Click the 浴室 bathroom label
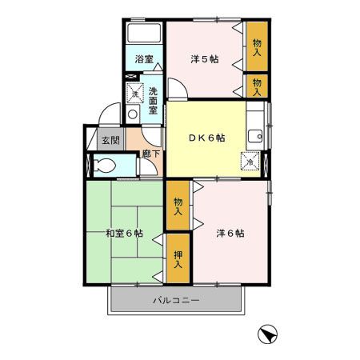[x=144, y=59]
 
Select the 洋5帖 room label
[x=205, y=58]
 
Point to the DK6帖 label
[x=206, y=137]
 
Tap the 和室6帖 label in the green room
[x=124, y=234]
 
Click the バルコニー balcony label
[x=177, y=301]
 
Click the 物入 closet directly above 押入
[x=178, y=206]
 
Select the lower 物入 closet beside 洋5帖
[x=257, y=86]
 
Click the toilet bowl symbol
[x=102, y=166]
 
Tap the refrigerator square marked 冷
[x=251, y=160]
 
